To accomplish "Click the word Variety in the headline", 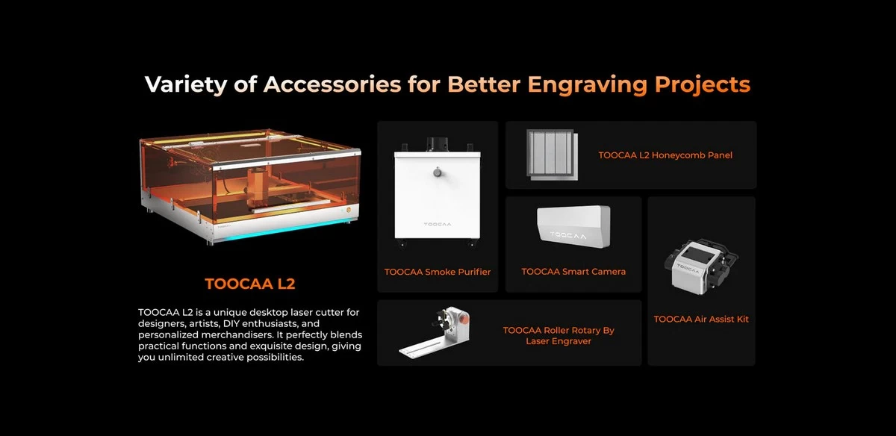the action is (186, 85).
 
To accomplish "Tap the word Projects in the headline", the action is (703, 85).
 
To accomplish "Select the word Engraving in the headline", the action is (587, 85).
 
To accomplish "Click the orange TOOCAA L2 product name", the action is (250, 284).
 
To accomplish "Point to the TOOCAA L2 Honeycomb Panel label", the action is (665, 155).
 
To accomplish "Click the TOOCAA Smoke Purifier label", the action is (438, 272).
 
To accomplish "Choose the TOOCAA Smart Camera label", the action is (573, 272).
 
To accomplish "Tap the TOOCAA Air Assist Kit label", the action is (701, 320).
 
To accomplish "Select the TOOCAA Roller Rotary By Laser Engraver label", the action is (559, 336).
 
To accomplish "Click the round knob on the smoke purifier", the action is (438, 172).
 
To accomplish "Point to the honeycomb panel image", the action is (553, 155).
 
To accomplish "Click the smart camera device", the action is (574, 226).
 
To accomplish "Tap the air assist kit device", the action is (701, 267).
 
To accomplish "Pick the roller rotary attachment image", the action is (435, 333).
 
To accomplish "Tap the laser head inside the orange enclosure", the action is (258, 187).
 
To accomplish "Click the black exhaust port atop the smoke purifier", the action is (438, 143).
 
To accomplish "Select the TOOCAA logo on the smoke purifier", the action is (438, 225).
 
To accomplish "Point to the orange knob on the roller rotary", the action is (464, 320).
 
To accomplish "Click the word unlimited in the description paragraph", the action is (181, 357).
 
